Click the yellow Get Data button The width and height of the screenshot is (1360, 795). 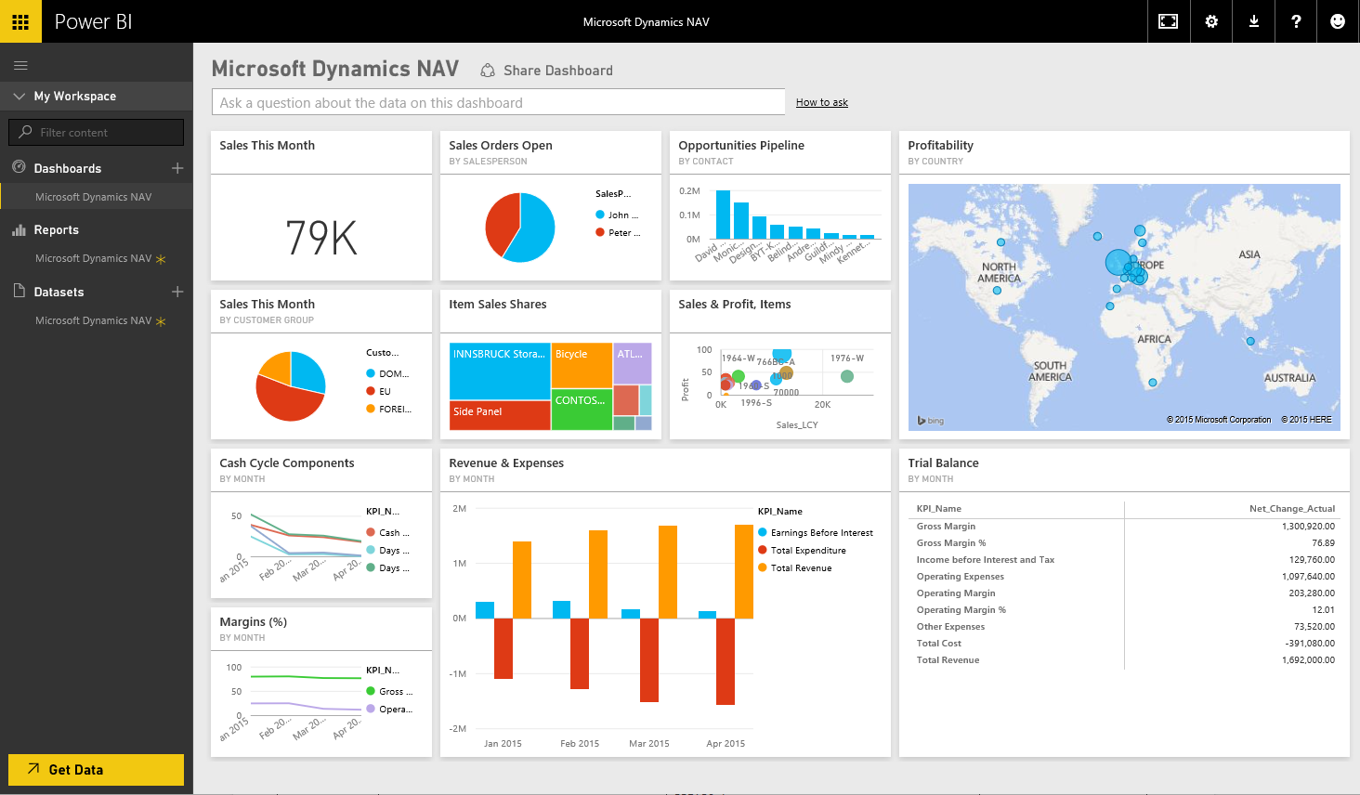click(96, 769)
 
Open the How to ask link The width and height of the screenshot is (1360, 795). click(821, 102)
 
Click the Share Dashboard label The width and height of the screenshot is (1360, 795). click(557, 71)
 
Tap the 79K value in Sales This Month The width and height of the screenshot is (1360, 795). click(320, 238)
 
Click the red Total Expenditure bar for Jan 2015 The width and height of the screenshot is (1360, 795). click(503, 648)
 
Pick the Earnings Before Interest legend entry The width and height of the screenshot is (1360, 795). click(821, 533)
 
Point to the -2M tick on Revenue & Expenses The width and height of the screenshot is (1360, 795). click(457, 728)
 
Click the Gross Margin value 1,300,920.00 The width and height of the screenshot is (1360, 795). click(1308, 527)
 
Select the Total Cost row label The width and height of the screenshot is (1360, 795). click(938, 644)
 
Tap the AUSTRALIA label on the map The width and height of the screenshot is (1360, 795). click(1289, 378)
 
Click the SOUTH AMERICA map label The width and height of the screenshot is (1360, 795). click(1050, 371)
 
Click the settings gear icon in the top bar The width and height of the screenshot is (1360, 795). click(1211, 21)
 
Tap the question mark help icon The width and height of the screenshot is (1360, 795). click(1296, 21)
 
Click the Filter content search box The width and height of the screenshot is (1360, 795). click(96, 132)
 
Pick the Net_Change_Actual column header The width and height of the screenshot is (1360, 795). click(1291, 509)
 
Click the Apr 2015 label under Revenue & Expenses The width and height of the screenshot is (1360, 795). click(726, 744)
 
